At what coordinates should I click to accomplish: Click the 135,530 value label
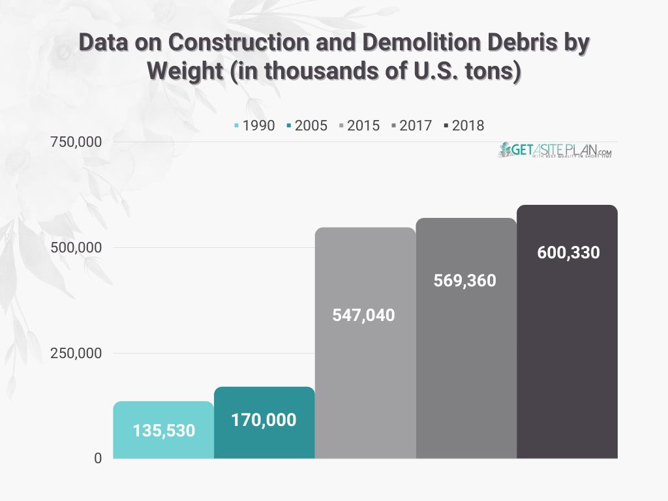tap(164, 431)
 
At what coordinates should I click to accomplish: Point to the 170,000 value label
tap(264, 419)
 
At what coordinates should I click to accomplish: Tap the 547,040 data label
tap(365, 315)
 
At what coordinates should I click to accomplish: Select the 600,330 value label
tap(568, 252)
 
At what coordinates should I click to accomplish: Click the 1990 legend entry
tap(255, 125)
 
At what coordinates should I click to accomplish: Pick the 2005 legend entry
tap(307, 125)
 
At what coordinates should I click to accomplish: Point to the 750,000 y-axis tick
tap(76, 142)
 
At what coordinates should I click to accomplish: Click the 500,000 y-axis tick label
tap(76, 248)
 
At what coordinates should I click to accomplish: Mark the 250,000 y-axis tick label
tap(76, 353)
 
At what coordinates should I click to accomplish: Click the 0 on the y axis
tap(98, 459)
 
